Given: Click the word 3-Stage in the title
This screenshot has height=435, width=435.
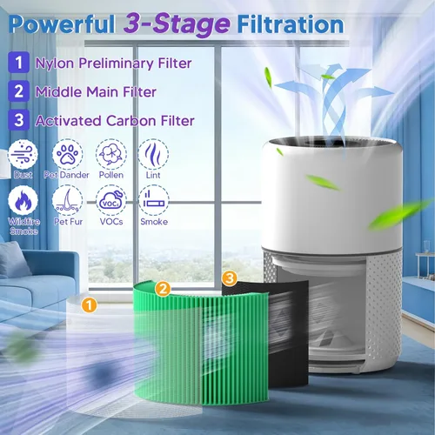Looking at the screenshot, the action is (x=177, y=25).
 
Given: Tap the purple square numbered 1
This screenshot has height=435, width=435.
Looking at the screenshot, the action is (x=18, y=63).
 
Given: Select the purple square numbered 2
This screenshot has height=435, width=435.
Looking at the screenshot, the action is (x=18, y=91).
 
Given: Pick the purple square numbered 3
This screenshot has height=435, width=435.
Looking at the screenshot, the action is (x=18, y=120).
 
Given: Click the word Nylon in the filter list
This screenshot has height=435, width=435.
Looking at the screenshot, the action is (x=55, y=64).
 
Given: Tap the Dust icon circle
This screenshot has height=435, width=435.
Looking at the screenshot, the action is (x=23, y=154).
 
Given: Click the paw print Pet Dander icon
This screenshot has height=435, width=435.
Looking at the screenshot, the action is (x=67, y=154).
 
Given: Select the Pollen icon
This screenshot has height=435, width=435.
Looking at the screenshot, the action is (x=111, y=154).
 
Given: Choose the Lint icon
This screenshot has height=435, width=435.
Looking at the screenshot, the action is (x=153, y=154).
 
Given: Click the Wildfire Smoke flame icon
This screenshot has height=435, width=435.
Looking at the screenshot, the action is (x=23, y=201).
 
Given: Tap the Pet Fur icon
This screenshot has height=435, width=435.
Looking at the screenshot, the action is (x=67, y=201).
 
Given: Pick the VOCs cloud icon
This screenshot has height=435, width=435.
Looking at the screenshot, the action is (x=111, y=201).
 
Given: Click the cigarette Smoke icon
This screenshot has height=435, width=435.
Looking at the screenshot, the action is (x=154, y=201).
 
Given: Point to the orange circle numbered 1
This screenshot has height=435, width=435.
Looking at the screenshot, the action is (x=89, y=305).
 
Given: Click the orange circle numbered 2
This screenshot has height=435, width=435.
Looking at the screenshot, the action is (x=163, y=289).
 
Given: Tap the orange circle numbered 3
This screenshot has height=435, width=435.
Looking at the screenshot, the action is (x=230, y=278).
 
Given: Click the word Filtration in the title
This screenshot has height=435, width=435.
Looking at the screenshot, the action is (x=291, y=24).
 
